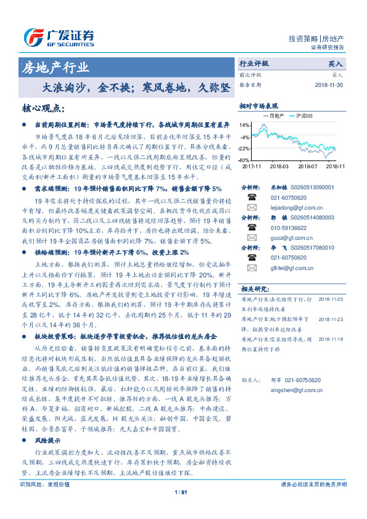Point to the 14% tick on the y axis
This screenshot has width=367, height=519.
[x=245, y=125]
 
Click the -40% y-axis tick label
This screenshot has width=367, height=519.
[x=244, y=160]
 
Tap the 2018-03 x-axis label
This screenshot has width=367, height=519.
[x=279, y=166]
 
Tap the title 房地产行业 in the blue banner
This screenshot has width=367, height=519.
[x=55, y=67]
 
